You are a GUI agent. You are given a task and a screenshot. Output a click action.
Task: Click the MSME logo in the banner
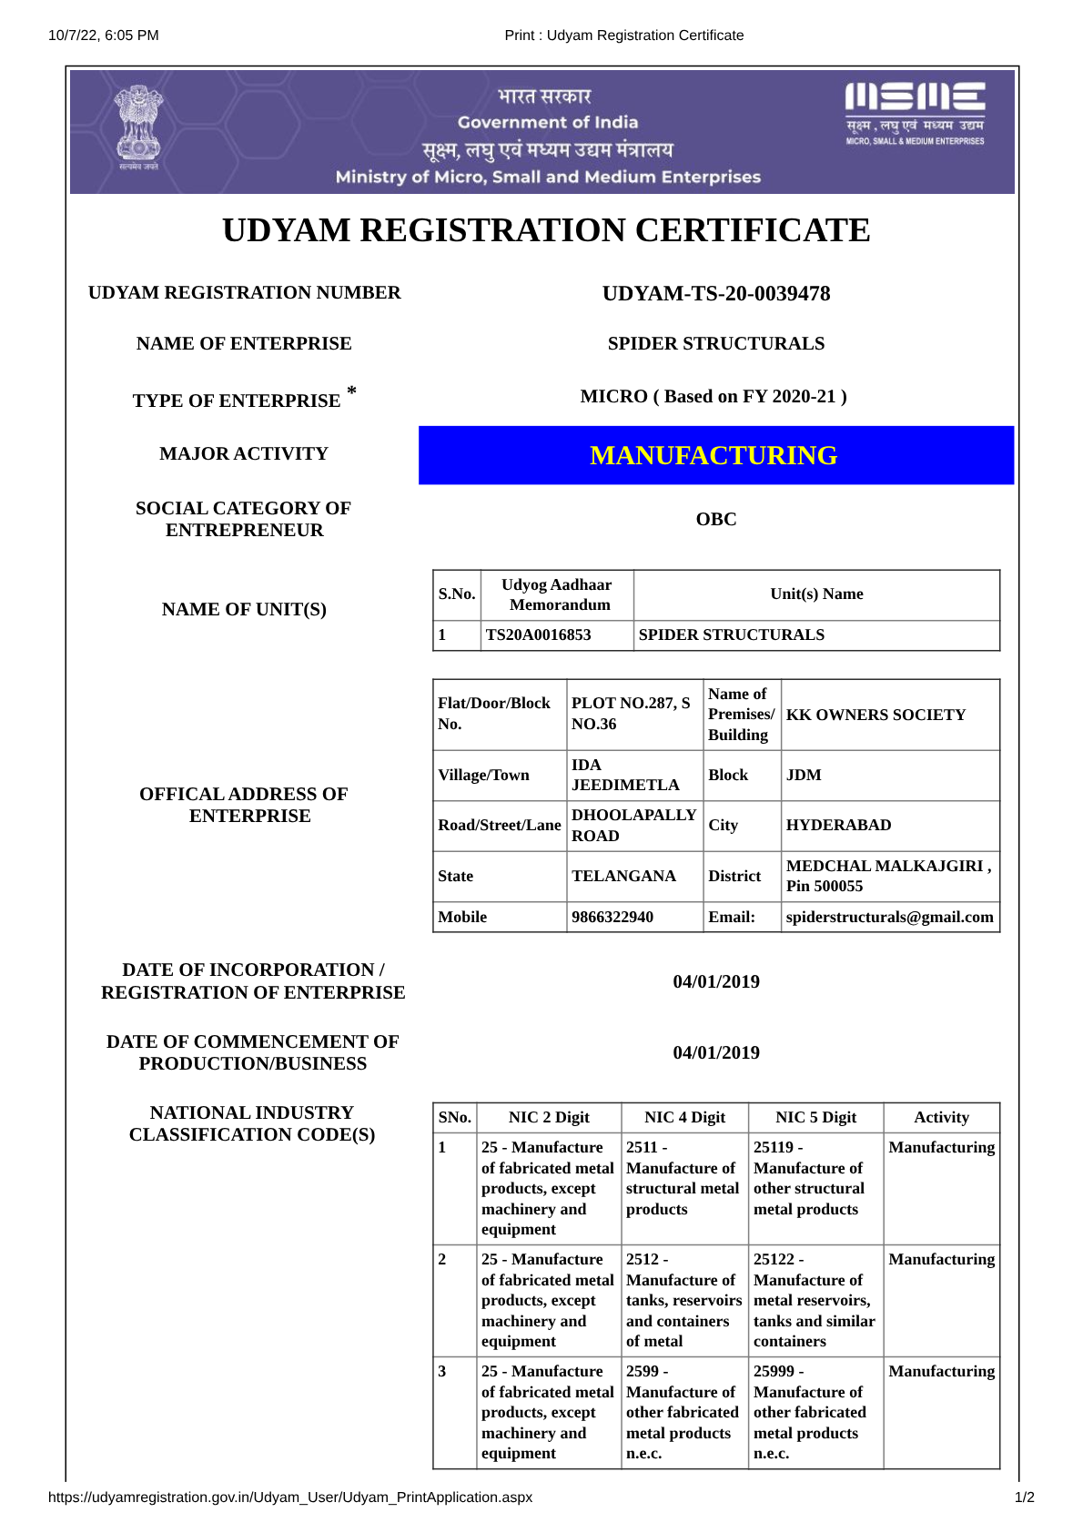point(915,114)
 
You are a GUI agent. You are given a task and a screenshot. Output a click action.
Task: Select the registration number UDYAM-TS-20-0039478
point(716,294)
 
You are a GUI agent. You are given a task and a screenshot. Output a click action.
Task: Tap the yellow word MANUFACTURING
point(714,455)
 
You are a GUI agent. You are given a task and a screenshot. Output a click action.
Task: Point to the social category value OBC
point(716,520)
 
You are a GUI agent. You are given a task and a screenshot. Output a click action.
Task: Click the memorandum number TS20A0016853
point(539,635)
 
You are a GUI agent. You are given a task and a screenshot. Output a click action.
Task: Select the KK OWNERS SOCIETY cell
point(876,716)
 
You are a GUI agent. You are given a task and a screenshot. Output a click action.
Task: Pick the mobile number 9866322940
point(612,918)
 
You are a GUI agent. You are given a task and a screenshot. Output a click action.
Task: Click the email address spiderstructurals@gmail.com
point(889,918)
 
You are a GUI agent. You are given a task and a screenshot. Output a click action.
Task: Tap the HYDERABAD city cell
point(838,826)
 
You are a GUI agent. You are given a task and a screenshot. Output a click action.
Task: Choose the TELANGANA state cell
point(623,877)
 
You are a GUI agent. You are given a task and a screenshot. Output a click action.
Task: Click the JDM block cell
point(804,776)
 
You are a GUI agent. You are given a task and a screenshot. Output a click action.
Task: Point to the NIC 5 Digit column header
point(815,1118)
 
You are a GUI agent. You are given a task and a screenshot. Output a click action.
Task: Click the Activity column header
point(941,1118)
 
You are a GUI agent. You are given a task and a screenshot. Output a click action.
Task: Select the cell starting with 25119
point(809,1179)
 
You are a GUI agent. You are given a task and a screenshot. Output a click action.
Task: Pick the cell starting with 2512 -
point(683,1301)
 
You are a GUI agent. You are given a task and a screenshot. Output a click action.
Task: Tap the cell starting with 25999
point(809,1412)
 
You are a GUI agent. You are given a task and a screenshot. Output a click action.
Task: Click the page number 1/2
point(1024,1497)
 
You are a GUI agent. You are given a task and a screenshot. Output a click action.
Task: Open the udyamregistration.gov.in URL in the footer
point(290,1497)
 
